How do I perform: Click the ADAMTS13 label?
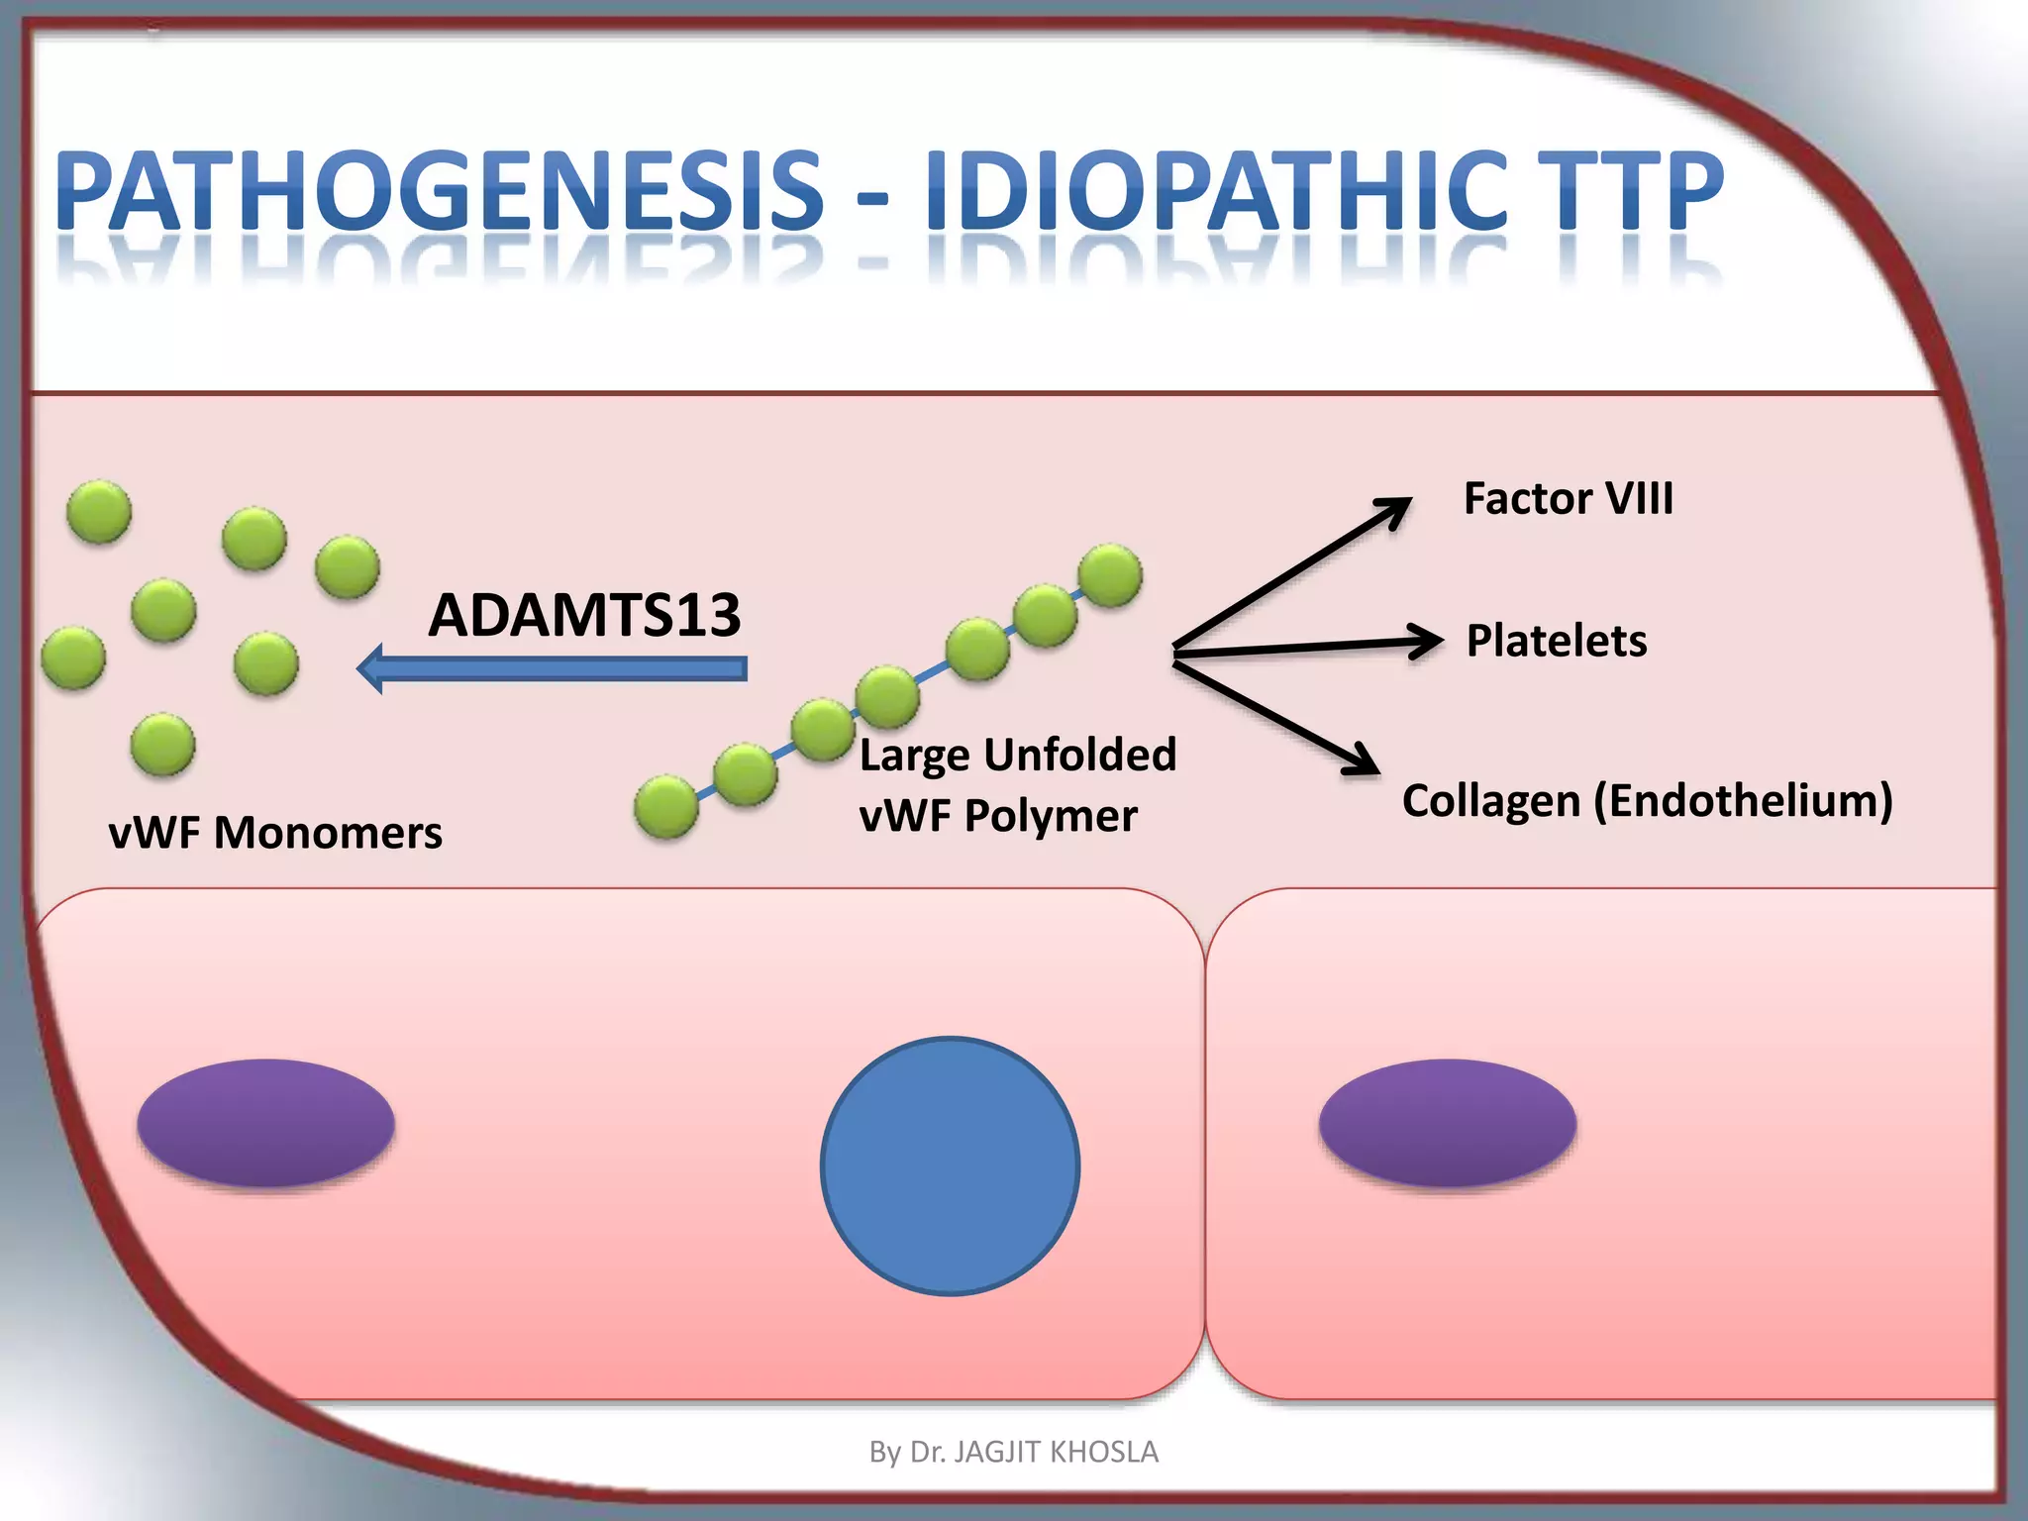[x=584, y=615]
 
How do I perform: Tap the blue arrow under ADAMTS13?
[x=555, y=669]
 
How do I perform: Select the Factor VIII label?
[x=1568, y=498]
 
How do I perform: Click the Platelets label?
[x=1556, y=641]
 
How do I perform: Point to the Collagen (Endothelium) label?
[x=1647, y=800]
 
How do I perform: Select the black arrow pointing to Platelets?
[x=1307, y=647]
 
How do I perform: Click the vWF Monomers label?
[x=275, y=832]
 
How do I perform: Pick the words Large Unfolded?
[x=1017, y=755]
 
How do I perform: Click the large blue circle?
[x=950, y=1166]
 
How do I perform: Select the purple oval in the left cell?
[x=265, y=1122]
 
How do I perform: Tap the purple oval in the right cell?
[x=1447, y=1122]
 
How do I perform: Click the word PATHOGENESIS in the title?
[x=440, y=190]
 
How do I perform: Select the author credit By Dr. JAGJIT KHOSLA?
[x=1013, y=1452]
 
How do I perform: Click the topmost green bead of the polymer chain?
[x=1110, y=575]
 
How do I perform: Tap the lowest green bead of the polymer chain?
[x=666, y=807]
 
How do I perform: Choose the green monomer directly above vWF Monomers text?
[x=163, y=745]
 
